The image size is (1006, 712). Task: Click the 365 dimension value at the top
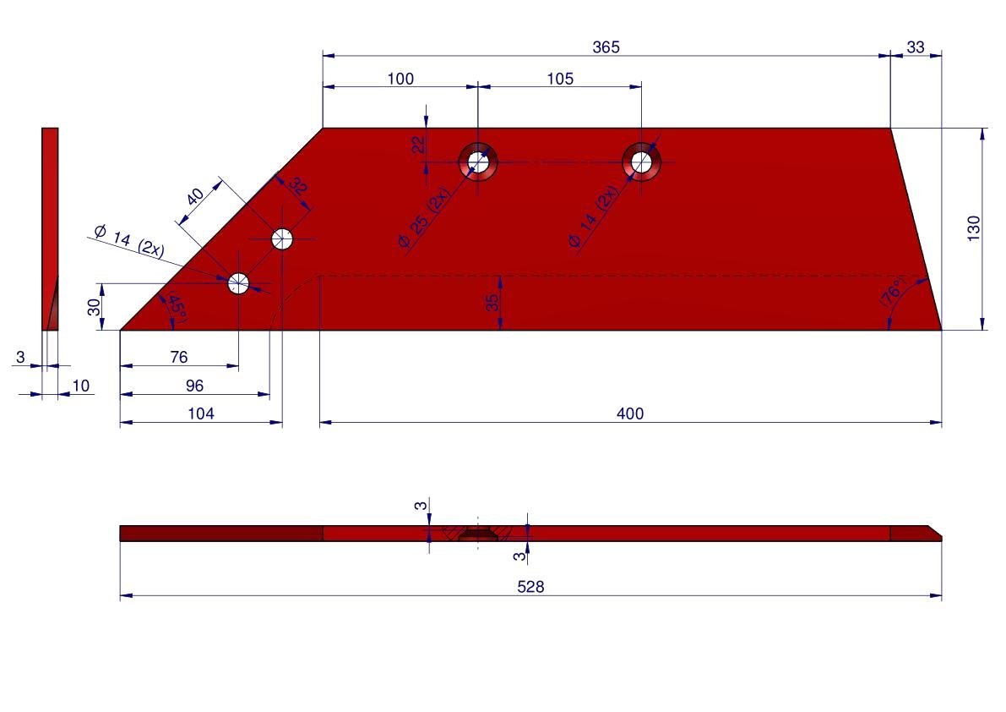pyautogui.click(x=606, y=47)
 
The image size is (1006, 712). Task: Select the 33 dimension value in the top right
pyautogui.click(x=916, y=47)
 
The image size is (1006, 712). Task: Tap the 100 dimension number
pyautogui.click(x=400, y=79)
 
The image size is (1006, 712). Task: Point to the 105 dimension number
pyautogui.click(x=560, y=79)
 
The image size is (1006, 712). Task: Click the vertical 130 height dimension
pyautogui.click(x=974, y=228)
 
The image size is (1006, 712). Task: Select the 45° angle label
pyautogui.click(x=177, y=307)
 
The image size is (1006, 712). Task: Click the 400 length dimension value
pyautogui.click(x=630, y=414)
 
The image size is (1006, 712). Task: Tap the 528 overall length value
pyautogui.click(x=530, y=587)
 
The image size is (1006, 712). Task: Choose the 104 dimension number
pyautogui.click(x=201, y=414)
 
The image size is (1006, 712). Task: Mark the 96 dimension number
pyautogui.click(x=194, y=386)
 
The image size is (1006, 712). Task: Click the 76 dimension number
pyautogui.click(x=179, y=357)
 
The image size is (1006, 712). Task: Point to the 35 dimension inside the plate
pyautogui.click(x=492, y=303)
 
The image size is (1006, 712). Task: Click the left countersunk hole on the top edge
pyautogui.click(x=478, y=162)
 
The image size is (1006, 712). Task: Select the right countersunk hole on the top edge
pyautogui.click(x=642, y=162)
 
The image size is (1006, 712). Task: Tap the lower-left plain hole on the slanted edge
pyautogui.click(x=239, y=282)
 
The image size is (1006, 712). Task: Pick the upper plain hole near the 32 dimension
pyautogui.click(x=282, y=238)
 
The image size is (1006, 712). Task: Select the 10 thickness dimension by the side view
pyautogui.click(x=81, y=386)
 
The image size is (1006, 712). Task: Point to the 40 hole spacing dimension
pyautogui.click(x=195, y=196)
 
